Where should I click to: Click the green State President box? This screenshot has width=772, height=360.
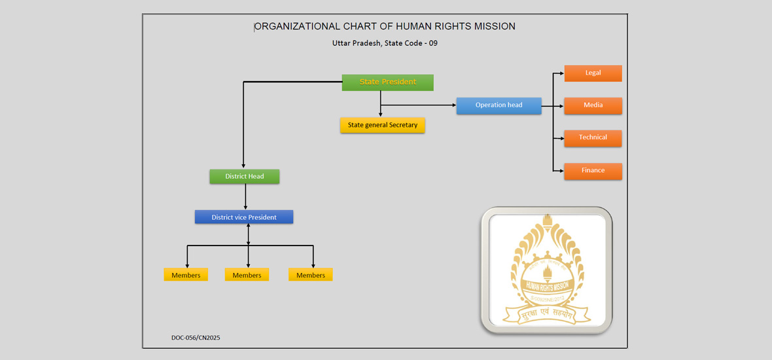(387, 82)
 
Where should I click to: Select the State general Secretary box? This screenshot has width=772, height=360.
(382, 125)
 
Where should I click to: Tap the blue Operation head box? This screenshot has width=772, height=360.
(499, 105)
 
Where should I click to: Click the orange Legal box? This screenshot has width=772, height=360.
(593, 73)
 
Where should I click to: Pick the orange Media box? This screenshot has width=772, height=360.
(593, 105)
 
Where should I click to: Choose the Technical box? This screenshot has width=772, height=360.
(593, 137)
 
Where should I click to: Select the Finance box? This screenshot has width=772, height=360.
(593, 171)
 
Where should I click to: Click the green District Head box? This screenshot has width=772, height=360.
(245, 177)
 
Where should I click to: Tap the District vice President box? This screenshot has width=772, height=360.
(243, 217)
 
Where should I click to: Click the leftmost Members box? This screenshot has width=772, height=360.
(186, 275)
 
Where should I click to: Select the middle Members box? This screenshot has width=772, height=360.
(247, 275)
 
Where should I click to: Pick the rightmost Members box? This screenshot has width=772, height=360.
(311, 275)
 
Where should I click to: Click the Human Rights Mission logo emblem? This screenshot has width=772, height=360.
(546, 270)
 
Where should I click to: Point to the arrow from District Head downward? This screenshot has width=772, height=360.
(245, 196)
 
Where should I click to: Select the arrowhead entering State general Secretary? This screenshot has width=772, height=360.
(381, 114)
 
